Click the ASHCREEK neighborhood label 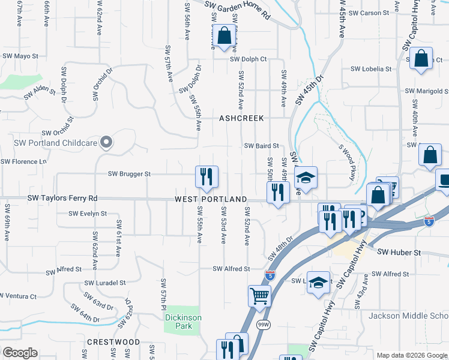(x=241, y=118)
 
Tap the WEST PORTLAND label (x=211, y=199)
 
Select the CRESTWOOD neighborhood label (x=113, y=342)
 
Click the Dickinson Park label (x=183, y=322)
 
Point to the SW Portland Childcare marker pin (x=106, y=142)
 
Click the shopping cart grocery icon (x=259, y=295)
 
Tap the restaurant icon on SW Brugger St (x=206, y=176)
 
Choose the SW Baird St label (x=261, y=146)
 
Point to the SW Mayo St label (x=20, y=56)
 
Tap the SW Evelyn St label (x=88, y=213)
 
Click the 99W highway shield (x=262, y=324)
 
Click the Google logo (x=20, y=352)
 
